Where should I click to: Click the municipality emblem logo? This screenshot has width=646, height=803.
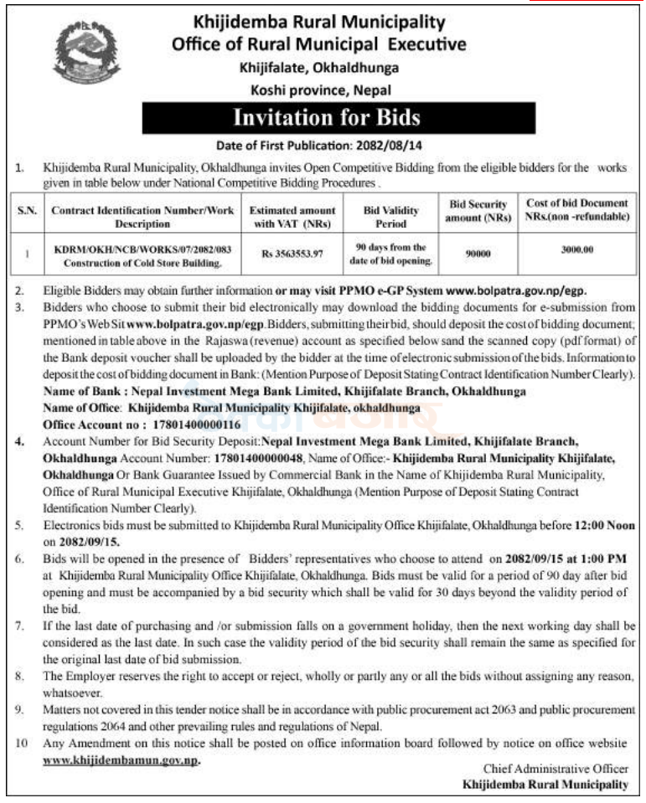87,52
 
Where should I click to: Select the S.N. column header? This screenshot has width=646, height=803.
27,210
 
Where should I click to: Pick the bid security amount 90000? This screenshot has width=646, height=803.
478,252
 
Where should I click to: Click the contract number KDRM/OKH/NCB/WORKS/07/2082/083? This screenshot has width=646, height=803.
143,248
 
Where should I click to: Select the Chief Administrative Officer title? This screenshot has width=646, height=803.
555,769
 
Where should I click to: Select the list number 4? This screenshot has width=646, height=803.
21,438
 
